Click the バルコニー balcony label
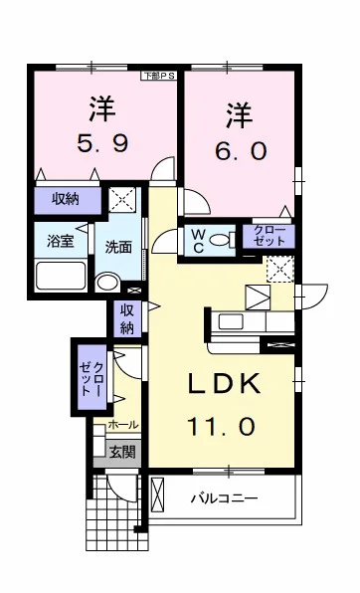point(225,497)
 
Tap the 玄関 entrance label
point(123,452)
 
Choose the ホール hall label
point(123,425)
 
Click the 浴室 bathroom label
point(62,240)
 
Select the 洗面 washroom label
point(119,247)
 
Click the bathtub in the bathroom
point(60,276)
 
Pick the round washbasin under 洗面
point(107,282)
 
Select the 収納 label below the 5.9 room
point(66,200)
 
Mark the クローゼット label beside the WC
point(268,237)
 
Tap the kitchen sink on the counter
point(231,322)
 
